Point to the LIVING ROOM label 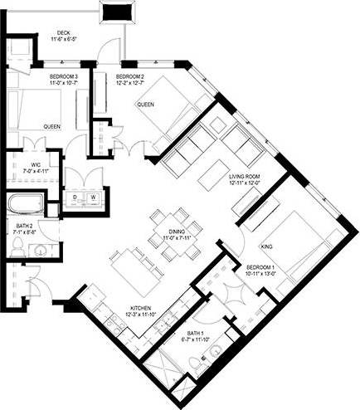246,175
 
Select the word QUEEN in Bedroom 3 52,126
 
